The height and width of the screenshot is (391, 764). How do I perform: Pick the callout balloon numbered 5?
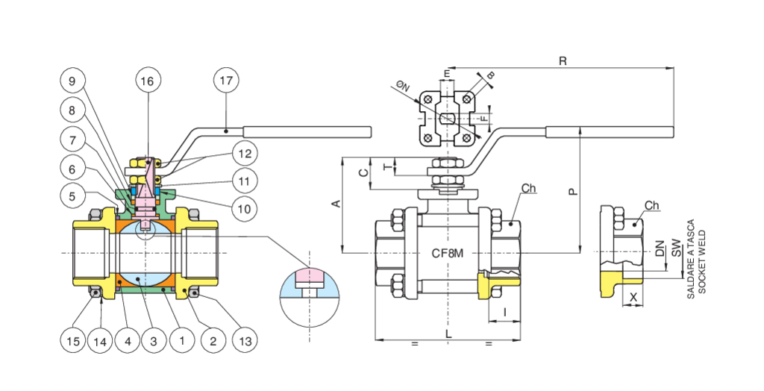[x=73, y=196]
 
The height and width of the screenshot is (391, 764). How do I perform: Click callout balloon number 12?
[x=244, y=153]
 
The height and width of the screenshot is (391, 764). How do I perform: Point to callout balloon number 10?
[x=244, y=208]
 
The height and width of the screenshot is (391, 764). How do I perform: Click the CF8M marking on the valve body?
[x=448, y=254]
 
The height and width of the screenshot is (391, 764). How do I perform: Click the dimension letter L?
[x=448, y=335]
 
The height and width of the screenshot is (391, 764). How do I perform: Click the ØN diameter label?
[x=404, y=87]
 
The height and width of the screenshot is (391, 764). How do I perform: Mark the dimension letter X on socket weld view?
[x=633, y=296]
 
